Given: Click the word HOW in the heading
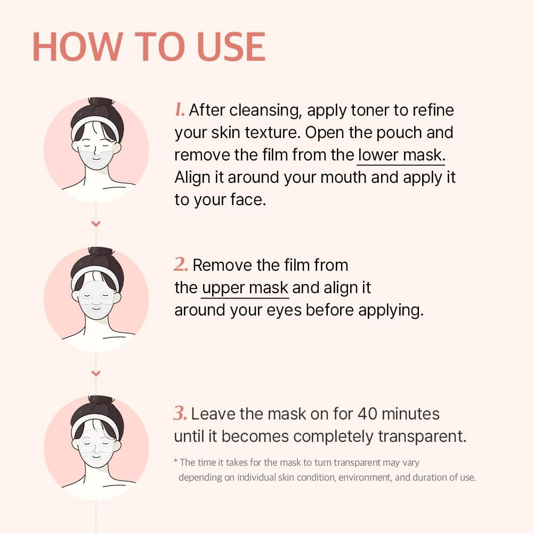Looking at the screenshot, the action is point(77,46).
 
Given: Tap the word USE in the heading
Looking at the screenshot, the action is point(231,46).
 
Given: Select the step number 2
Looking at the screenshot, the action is point(181,264).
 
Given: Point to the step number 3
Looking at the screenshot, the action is point(180,413).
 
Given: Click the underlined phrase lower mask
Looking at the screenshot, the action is point(401,155).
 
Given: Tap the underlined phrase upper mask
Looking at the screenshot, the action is point(245,288).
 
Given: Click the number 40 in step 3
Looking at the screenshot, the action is point(367,414).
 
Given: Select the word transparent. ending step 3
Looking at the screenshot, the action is point(422,437).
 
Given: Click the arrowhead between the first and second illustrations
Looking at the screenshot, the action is point(96,223).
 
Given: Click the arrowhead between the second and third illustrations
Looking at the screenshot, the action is point(96,373).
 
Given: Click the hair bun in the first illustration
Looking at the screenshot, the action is point(100,102).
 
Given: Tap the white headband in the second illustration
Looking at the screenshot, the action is point(95,272).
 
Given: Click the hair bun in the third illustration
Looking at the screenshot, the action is point(100,400).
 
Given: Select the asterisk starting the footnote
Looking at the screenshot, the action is point(176,461).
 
